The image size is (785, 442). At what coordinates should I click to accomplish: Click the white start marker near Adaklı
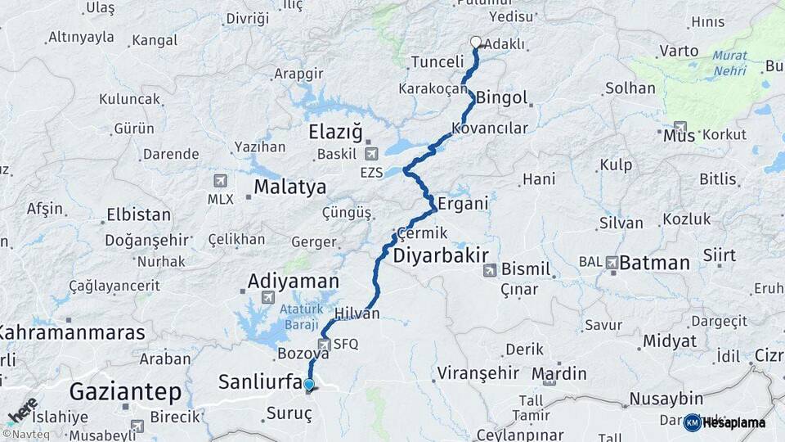pos(476,42)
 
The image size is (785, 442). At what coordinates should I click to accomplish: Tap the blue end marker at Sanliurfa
pos(308,384)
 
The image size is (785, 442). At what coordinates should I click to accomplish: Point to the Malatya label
pos(289,187)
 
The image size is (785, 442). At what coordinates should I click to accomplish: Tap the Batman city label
pos(654,263)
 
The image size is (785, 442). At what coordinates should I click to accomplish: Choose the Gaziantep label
pos(114,390)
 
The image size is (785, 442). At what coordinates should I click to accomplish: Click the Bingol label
pos(501,98)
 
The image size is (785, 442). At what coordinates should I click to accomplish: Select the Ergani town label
pos(463,203)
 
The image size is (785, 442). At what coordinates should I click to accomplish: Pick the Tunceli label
pos(437,62)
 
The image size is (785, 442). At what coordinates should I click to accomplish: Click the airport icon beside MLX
pos(220,181)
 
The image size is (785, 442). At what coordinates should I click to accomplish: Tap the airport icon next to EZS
pos(372,153)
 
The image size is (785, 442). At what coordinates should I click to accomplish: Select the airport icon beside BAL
pos(612,263)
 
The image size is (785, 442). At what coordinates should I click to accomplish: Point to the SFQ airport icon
pos(324,345)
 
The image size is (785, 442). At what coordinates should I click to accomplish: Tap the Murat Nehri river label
pos(729,63)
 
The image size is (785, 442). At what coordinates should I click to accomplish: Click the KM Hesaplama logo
pos(724,422)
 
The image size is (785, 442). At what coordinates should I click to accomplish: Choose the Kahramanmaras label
pos(72,332)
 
